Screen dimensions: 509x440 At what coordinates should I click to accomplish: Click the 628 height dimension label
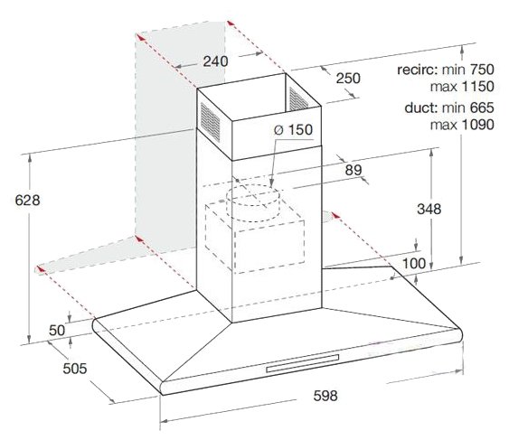[x=28, y=201]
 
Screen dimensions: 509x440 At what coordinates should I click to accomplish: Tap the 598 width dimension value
[x=325, y=395]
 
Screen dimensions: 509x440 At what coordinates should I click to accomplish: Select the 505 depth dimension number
[x=75, y=369]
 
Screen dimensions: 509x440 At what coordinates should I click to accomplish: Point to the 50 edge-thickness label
[x=57, y=330]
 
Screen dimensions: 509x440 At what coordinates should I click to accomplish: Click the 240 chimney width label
[x=215, y=61]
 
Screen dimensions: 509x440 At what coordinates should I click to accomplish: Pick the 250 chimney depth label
[x=348, y=79]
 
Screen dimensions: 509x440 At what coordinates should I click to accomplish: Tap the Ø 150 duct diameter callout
[x=293, y=129]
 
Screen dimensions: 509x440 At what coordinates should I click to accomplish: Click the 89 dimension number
[x=353, y=169]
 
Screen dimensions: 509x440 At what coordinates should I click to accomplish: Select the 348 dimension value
[x=429, y=209]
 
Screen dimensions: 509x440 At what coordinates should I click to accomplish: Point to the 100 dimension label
[x=414, y=263]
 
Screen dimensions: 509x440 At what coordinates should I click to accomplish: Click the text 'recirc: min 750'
[x=446, y=69]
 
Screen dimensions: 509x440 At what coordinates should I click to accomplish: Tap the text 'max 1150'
[x=462, y=87]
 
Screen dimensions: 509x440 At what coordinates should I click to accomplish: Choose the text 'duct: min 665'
[x=449, y=108]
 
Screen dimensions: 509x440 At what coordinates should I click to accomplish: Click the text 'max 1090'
[x=462, y=125]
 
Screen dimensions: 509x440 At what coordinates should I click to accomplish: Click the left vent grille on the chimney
[x=210, y=122]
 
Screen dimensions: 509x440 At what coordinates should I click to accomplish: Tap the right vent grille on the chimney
[x=298, y=99]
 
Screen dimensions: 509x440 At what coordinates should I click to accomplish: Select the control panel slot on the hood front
[x=302, y=363]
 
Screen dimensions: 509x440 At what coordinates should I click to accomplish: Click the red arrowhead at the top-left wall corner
[x=140, y=37]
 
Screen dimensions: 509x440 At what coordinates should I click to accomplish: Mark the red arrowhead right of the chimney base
[x=335, y=215]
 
